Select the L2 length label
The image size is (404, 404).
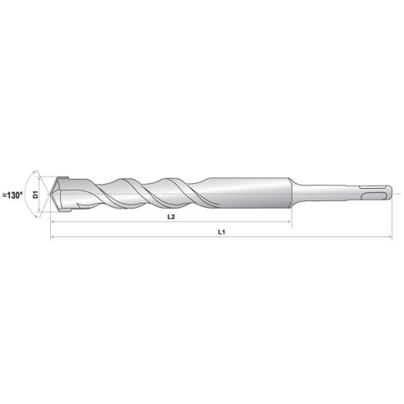click(x=170, y=218)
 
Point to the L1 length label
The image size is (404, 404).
click(x=222, y=233)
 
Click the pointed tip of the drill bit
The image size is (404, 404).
click(x=52, y=195)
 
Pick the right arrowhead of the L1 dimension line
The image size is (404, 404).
click(x=393, y=238)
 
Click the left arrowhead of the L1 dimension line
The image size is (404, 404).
click(x=53, y=238)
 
